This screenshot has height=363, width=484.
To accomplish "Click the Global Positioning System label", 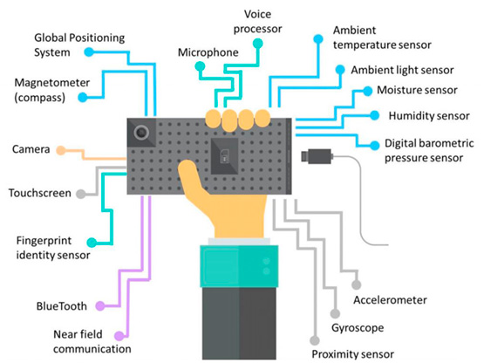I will click(79, 45).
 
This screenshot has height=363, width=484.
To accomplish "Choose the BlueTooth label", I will click(63, 306).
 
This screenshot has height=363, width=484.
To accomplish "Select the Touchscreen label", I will click(41, 193).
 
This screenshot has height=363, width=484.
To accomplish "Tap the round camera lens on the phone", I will click(141, 132).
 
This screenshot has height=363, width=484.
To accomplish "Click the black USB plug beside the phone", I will click(315, 157).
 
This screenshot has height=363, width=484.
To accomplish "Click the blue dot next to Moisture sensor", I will click(356, 92).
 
